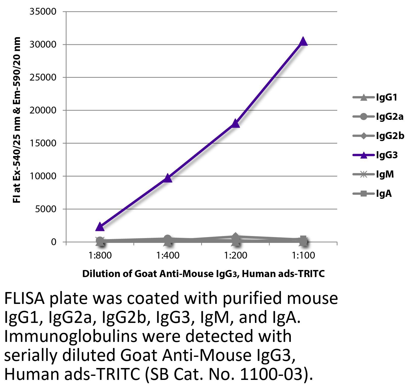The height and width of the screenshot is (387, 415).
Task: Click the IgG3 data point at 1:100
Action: tap(303, 41)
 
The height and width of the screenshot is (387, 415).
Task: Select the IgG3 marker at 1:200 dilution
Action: tap(235, 124)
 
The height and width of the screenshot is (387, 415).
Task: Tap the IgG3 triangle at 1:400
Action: tap(168, 178)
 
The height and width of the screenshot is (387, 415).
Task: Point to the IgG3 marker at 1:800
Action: tap(100, 227)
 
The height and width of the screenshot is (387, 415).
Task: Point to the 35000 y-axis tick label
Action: tap(43, 12)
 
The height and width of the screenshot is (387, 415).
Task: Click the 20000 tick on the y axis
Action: tap(43, 110)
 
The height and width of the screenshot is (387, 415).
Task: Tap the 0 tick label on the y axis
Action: tap(53, 242)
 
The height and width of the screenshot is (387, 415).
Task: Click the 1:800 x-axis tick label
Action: tap(100, 255)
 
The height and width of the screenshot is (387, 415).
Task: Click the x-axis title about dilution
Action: tap(203, 274)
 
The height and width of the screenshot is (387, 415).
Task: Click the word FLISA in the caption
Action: tap(25, 299)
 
